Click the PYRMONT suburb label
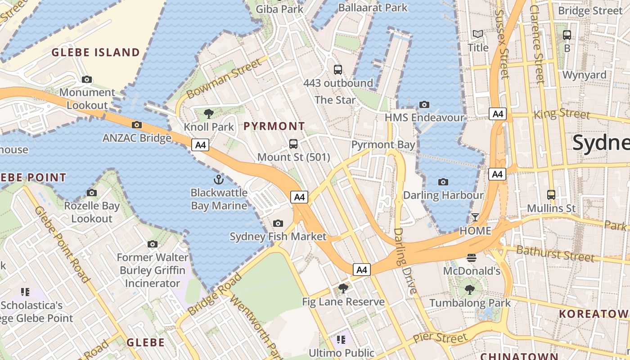[x=274, y=126]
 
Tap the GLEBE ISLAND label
[x=95, y=52]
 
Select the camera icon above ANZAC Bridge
[x=137, y=125]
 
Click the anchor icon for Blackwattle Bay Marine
[x=218, y=180]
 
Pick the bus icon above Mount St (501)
[x=293, y=144]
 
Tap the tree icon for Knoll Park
[x=208, y=113]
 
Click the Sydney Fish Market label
[x=278, y=236]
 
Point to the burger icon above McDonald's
[x=472, y=258]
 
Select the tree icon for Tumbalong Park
[x=470, y=290]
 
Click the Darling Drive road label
[x=405, y=261]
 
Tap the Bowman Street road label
[x=224, y=78]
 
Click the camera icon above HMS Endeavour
[x=424, y=105]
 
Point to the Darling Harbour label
[x=443, y=195]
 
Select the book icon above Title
[x=477, y=34]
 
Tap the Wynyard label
[x=584, y=75]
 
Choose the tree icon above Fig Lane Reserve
[x=343, y=288]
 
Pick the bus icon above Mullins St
[x=551, y=195]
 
